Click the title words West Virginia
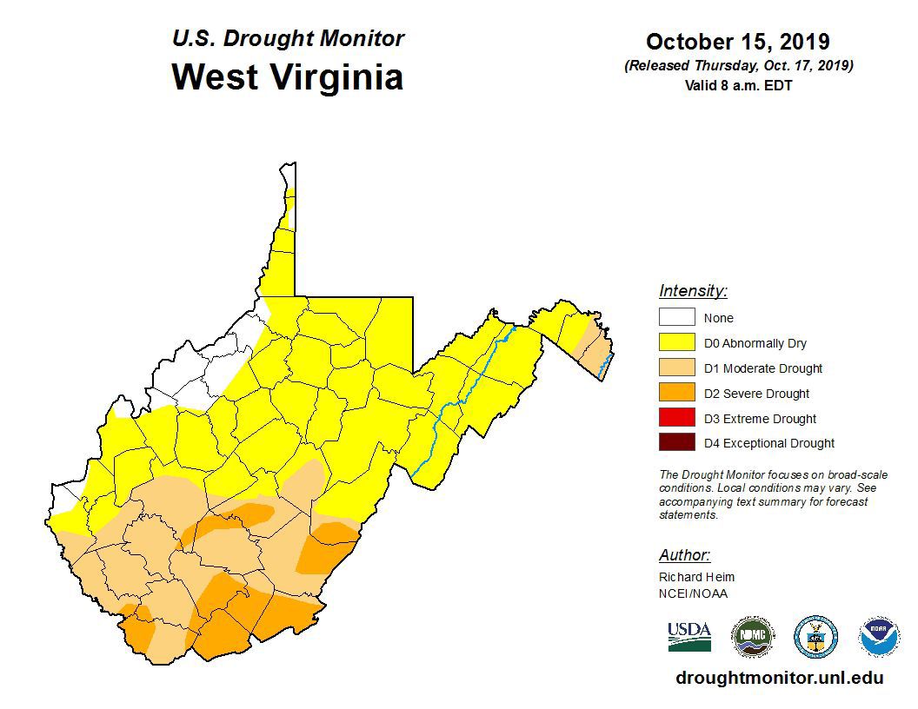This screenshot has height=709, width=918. (287, 76)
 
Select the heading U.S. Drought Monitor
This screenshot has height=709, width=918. (288, 39)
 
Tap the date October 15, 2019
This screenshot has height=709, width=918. (737, 42)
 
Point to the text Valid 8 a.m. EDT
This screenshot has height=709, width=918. (738, 85)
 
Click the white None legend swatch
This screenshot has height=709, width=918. (676, 318)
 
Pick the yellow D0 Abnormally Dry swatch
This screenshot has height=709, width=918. (676, 343)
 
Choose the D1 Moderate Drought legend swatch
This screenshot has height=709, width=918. (676, 368)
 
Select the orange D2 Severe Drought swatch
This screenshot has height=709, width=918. (676, 393)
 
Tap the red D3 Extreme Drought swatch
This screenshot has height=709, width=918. (676, 418)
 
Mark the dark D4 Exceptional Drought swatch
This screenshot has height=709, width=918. (676, 443)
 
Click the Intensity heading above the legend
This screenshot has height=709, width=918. (693, 291)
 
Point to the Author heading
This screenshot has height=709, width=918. (684, 555)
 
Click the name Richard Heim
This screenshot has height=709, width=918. (696, 577)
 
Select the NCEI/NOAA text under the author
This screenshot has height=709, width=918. (693, 593)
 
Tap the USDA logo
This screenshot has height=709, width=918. (689, 636)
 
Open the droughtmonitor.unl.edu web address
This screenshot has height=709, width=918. (779, 678)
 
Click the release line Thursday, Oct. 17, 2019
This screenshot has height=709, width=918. (738, 66)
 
